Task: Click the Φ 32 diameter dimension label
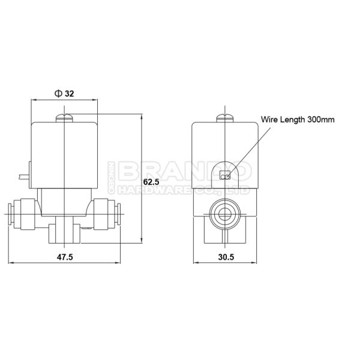[64, 94]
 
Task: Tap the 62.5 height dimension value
[151, 182]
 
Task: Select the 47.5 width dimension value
[65, 257]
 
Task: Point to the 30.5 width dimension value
[226, 257]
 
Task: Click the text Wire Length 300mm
[298, 119]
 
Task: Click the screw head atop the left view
[64, 118]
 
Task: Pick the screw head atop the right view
[225, 118]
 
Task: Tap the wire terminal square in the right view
[225, 175]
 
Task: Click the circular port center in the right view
[225, 214]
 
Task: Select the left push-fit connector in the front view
[23, 214]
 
